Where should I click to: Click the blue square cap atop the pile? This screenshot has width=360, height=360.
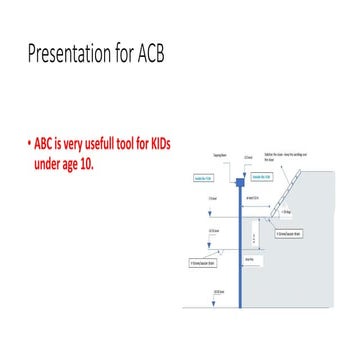pyautogui.click(x=241, y=182)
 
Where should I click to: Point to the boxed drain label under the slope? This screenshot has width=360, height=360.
pyautogui.click(x=289, y=234)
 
